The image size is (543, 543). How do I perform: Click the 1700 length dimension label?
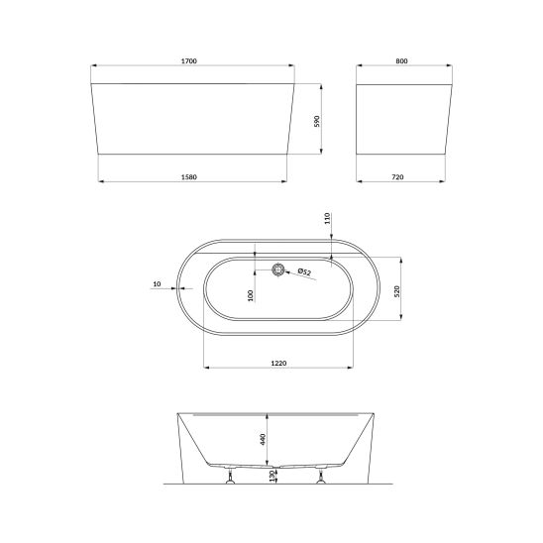[188, 61]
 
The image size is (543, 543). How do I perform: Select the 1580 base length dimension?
[189, 177]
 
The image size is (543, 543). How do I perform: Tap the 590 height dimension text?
[317, 121]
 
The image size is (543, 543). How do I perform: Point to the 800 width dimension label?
[401, 61]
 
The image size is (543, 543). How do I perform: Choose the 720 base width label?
[397, 177]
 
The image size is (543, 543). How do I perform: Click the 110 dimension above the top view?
[327, 219]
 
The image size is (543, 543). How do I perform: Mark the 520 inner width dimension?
[397, 291]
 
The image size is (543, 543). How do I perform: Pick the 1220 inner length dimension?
[278, 364]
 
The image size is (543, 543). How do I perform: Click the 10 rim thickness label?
[157, 284]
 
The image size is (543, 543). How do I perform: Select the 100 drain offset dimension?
[251, 295]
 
